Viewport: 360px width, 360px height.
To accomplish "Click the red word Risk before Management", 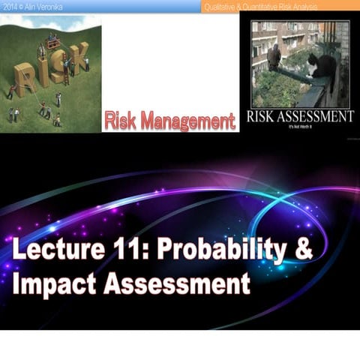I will [x=123, y=118].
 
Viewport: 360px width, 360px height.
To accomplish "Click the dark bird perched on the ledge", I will [x=274, y=55].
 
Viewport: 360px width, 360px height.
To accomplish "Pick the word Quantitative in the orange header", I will [x=263, y=7].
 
